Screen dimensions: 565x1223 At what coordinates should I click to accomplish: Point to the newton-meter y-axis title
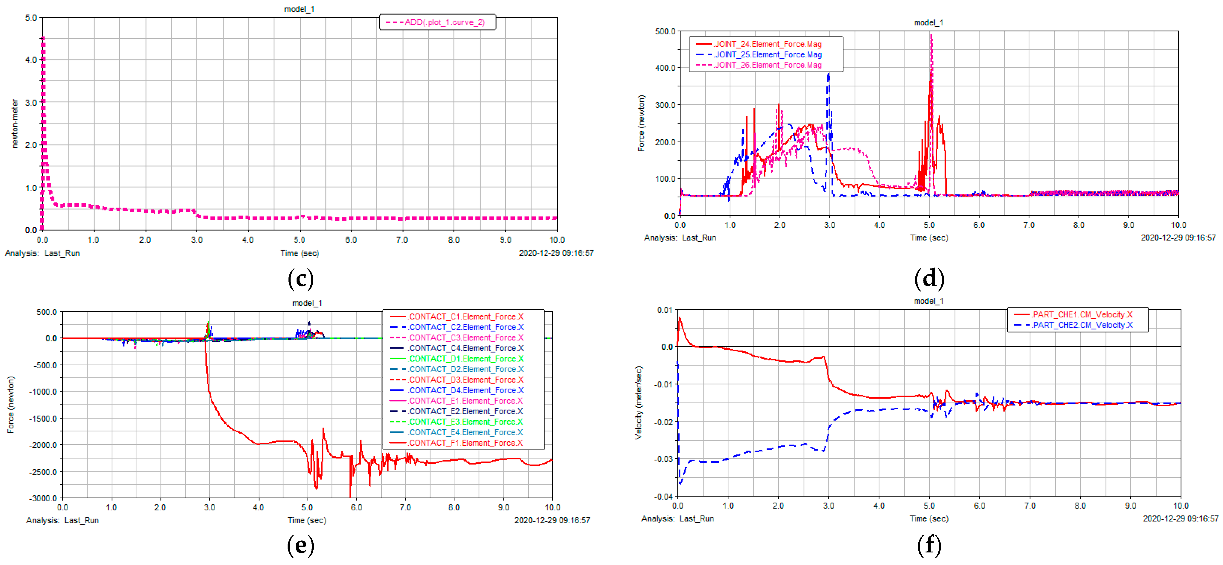point(15,123)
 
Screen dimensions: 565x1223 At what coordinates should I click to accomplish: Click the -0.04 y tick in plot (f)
point(664,497)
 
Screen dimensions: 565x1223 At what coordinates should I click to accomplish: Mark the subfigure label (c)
point(300,278)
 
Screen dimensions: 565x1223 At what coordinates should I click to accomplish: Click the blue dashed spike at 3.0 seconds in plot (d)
point(828,75)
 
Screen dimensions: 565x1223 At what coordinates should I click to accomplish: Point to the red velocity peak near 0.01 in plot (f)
point(680,318)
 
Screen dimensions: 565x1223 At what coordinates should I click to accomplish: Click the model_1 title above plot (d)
point(928,23)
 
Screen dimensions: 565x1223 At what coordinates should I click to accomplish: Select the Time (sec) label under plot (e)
point(307,520)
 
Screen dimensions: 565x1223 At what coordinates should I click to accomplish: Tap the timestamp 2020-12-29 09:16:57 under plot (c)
point(556,253)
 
